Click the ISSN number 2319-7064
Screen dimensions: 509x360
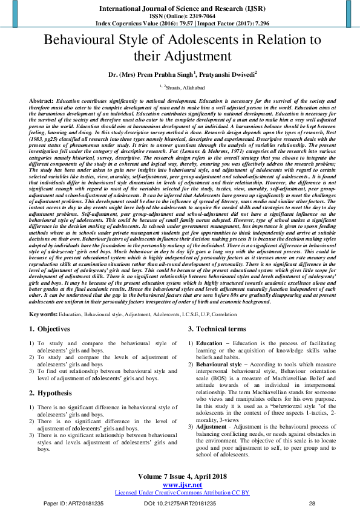195,15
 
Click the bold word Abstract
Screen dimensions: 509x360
41,99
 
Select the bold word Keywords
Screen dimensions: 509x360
44,315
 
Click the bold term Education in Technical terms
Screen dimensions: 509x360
209,343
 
